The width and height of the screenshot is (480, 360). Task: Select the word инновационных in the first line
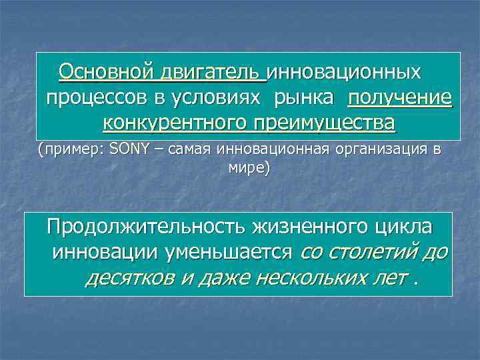coord(345,71)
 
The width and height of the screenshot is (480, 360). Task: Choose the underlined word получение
coord(399,98)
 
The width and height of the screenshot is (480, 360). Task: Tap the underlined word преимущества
coord(323,123)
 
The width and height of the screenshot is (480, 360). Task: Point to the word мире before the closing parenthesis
coord(246,168)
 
